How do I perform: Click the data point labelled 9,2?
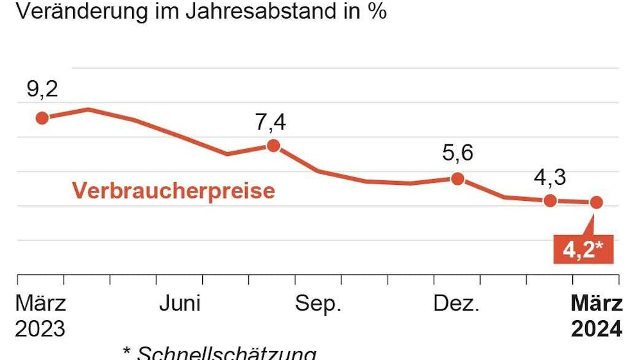click(x=42, y=117)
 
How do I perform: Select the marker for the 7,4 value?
click(x=273, y=145)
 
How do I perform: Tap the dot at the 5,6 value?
click(x=457, y=178)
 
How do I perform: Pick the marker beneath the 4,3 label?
click(x=550, y=200)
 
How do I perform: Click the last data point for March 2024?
click(x=596, y=202)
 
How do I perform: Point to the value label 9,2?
click(x=42, y=89)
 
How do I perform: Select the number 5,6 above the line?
click(x=457, y=153)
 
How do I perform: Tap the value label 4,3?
click(x=550, y=176)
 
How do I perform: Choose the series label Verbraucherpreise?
click(x=173, y=191)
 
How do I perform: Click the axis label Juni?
click(x=180, y=304)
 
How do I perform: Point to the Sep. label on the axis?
click(x=318, y=304)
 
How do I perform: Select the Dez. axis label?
click(x=457, y=304)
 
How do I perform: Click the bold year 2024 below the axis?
click(x=597, y=329)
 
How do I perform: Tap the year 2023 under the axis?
click(x=40, y=329)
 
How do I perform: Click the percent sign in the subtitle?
click(x=377, y=12)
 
